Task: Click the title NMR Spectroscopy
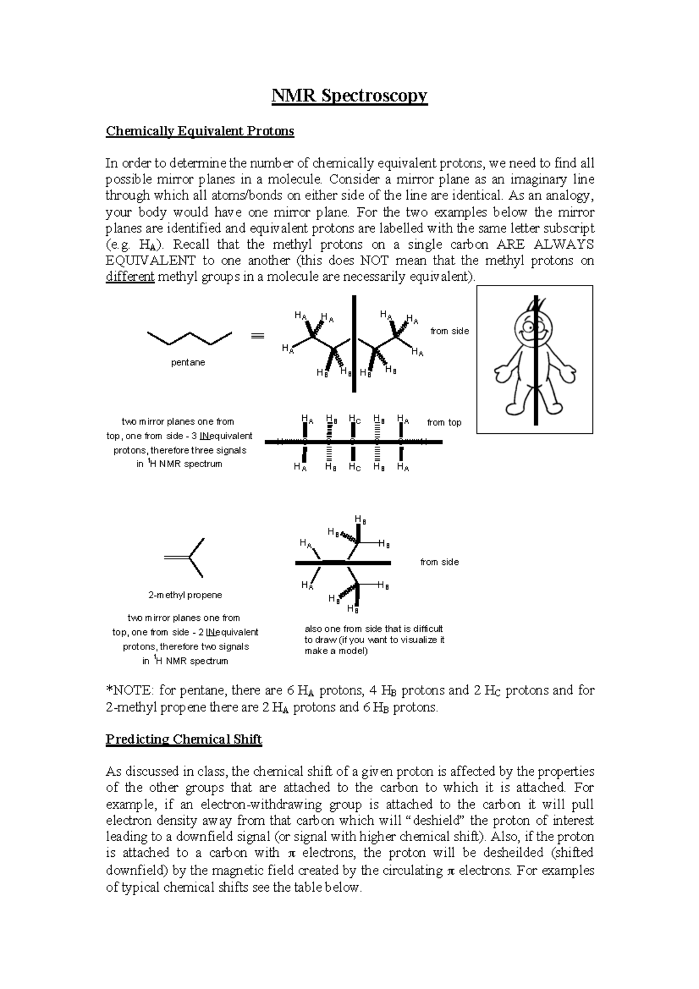coord(349,95)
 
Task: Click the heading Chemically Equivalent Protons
coord(199,131)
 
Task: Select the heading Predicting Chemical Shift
coord(183,740)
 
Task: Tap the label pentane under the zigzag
coord(188,362)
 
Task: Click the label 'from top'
coord(444,422)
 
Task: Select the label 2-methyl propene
coord(185,595)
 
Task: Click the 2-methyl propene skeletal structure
coord(185,558)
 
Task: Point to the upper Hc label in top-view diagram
coord(354,419)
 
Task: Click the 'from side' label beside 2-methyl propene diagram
coord(439,562)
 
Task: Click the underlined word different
coord(129,277)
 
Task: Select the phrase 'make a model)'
coord(336,651)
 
